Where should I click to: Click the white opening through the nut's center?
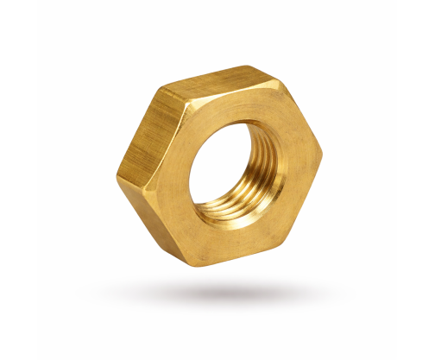tap(222, 165)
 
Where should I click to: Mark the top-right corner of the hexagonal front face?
tap(280, 83)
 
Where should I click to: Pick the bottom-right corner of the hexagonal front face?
tap(285, 241)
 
